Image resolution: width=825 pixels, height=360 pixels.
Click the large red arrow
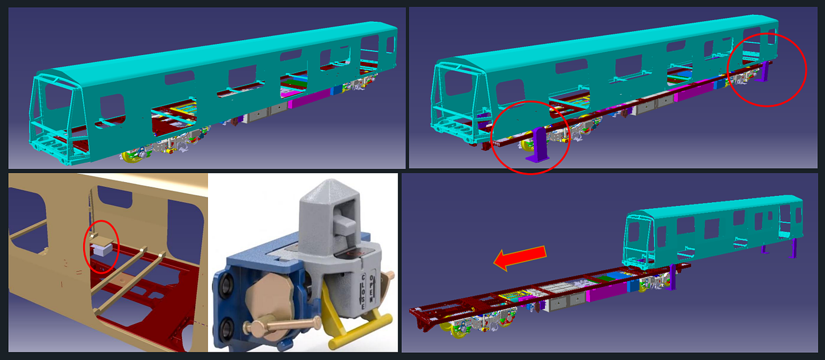(x=520, y=258)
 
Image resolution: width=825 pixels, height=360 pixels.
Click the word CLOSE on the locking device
(x=363, y=291)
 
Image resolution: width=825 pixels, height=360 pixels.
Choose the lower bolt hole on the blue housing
(x=226, y=326)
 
